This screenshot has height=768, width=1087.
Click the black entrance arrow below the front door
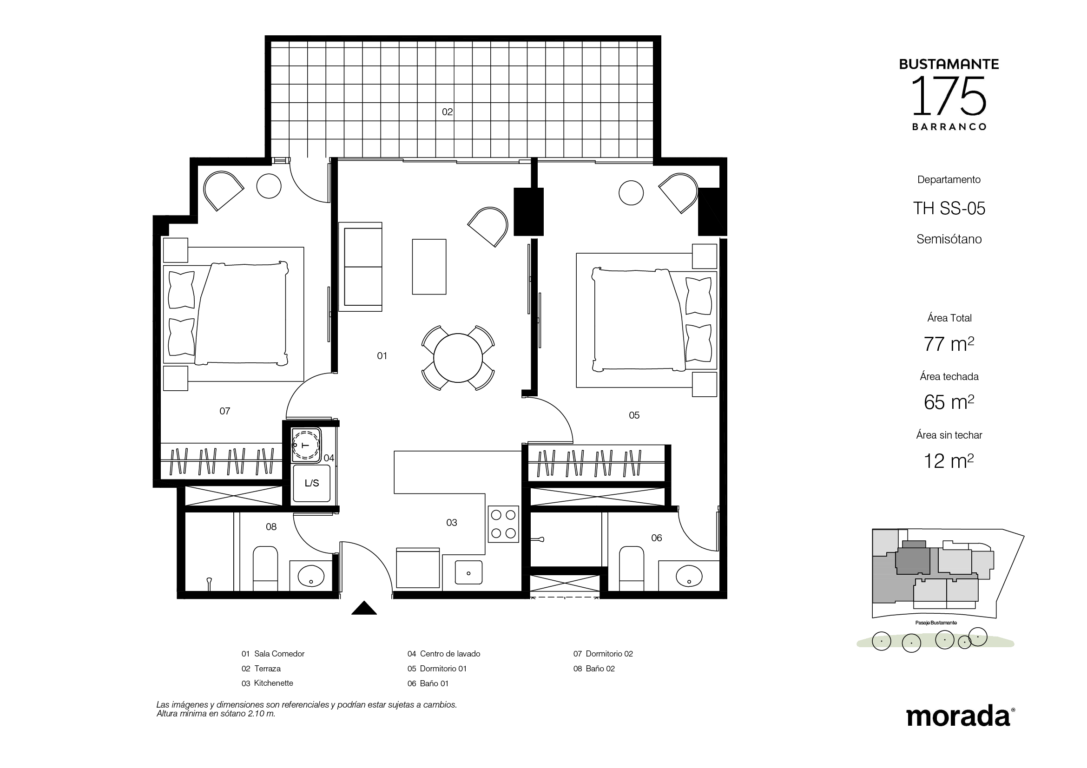click(363, 608)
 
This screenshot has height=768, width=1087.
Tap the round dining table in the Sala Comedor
click(458, 358)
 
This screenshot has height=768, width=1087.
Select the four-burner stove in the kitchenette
click(503, 524)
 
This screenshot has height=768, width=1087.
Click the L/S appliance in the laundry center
click(311, 483)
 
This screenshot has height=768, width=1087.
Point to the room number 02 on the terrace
click(448, 112)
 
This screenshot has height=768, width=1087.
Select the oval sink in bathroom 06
click(689, 576)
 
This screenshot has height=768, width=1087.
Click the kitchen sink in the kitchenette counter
click(468, 572)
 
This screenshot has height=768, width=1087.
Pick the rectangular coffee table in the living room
click(429, 267)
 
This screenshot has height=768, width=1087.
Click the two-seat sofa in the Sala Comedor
click(360, 266)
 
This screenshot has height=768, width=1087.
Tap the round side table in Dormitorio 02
click(269, 186)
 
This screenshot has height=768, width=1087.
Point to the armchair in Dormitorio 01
click(679, 193)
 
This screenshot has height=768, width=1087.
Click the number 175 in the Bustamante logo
click(949, 97)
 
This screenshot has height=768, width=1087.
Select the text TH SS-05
click(949, 208)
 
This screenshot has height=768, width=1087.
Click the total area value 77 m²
click(949, 344)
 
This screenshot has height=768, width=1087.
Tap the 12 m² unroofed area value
click(949, 461)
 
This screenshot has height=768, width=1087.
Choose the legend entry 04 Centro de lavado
click(444, 654)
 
